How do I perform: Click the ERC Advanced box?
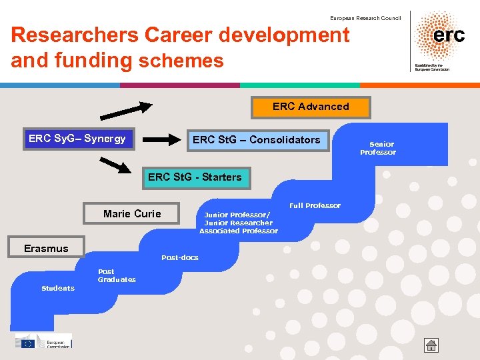311,107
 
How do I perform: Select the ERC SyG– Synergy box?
77,139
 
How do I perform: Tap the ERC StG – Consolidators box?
257,140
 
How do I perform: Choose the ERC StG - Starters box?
195,177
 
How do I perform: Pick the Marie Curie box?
132,214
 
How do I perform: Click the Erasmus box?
46,248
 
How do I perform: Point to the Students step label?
58,288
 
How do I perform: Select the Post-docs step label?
180,257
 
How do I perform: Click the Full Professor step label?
315,205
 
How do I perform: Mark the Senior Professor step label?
378,148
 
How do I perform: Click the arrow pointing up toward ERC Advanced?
127,108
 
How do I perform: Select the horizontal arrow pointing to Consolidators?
163,139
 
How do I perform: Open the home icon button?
432,345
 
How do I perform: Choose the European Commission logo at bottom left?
44,341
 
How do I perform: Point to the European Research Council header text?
365,18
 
